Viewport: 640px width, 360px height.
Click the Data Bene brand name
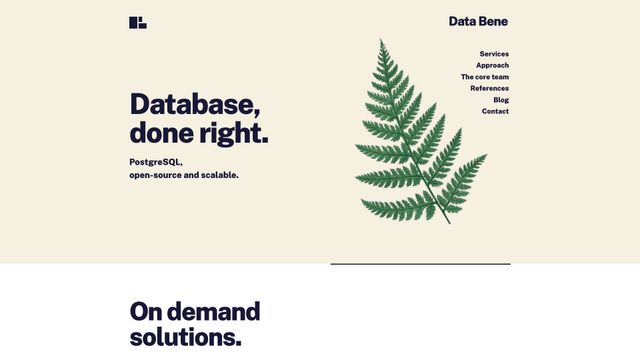click(478, 21)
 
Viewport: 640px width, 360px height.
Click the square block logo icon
click(138, 22)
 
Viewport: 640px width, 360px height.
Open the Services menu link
click(494, 54)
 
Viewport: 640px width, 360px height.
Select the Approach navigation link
click(492, 65)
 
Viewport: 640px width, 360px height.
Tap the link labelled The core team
click(485, 77)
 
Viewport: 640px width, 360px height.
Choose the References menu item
click(490, 88)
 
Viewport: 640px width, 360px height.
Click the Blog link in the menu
click(501, 100)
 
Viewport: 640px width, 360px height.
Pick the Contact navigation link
click(495, 111)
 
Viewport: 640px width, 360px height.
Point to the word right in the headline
click(233, 133)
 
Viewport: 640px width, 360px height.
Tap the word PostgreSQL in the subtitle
click(156, 162)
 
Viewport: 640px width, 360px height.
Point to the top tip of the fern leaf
click(381, 40)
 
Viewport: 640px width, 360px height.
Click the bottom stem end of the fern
click(449, 223)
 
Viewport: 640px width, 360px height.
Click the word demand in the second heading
click(213, 311)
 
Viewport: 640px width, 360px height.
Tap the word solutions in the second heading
click(185, 337)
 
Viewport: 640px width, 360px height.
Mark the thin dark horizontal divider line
click(420, 264)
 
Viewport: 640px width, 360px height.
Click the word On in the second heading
click(145, 311)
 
